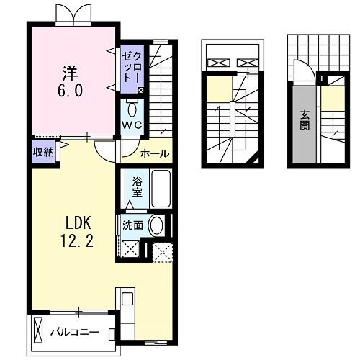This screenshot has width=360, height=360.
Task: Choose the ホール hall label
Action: [154, 153]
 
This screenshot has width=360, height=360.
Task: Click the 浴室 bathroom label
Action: [136, 189]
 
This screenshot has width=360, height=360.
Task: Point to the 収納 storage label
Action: [42, 151]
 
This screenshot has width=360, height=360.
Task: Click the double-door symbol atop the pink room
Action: [74, 13]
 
